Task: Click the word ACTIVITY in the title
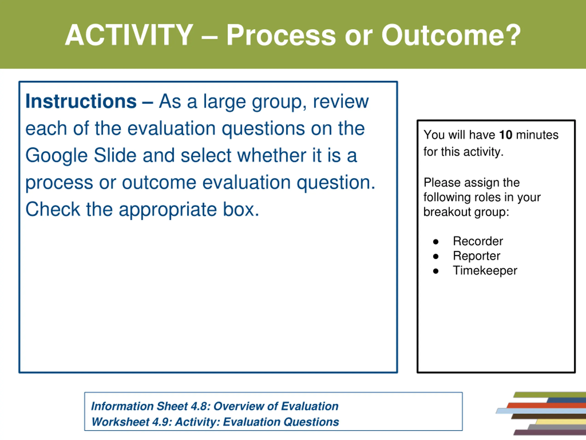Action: [129, 35]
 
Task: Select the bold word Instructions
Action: [81, 101]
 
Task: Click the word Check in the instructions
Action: [53, 209]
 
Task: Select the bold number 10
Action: [506, 135]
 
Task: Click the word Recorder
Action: [478, 241]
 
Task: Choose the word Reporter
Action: [477, 256]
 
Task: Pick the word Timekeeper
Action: [485, 270]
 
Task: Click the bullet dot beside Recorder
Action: [436, 242]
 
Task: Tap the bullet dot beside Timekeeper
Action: [436, 271]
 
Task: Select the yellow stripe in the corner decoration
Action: [561, 422]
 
